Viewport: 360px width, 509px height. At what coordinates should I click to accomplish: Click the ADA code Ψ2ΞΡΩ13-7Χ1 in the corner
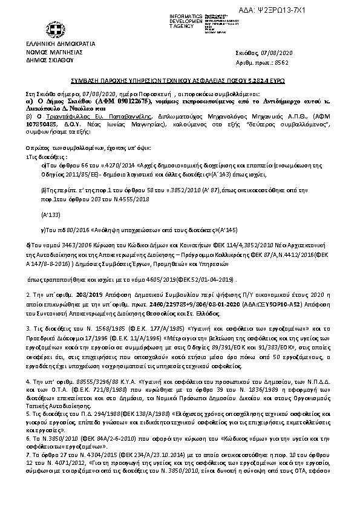point(319,11)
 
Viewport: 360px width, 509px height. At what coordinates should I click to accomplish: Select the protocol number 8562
point(281,62)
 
